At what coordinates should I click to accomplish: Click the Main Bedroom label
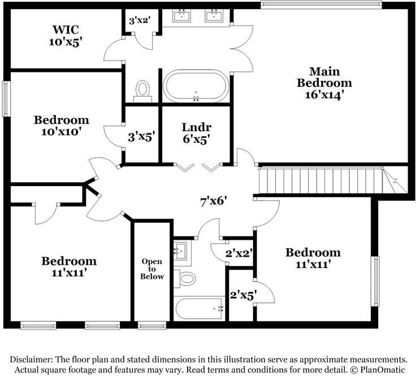click(324, 83)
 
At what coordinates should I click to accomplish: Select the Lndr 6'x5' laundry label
click(197, 133)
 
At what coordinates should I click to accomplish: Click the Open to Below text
click(152, 269)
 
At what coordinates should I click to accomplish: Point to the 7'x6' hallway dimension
click(213, 202)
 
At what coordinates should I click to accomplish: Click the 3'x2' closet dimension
click(140, 20)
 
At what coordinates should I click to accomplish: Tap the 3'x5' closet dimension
click(141, 137)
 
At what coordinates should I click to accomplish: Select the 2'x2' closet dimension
click(239, 253)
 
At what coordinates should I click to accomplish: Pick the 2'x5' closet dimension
click(242, 295)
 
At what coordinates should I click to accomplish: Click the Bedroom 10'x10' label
click(61, 126)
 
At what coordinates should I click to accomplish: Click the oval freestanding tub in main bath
click(196, 86)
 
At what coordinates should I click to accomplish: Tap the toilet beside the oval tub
click(143, 91)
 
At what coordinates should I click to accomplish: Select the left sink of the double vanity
click(182, 15)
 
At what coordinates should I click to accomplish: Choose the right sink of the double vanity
click(214, 15)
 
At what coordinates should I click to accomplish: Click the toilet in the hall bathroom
click(185, 279)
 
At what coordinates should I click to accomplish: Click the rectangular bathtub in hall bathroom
click(199, 309)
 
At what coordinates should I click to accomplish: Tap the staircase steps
click(321, 181)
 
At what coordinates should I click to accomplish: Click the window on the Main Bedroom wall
click(321, 5)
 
